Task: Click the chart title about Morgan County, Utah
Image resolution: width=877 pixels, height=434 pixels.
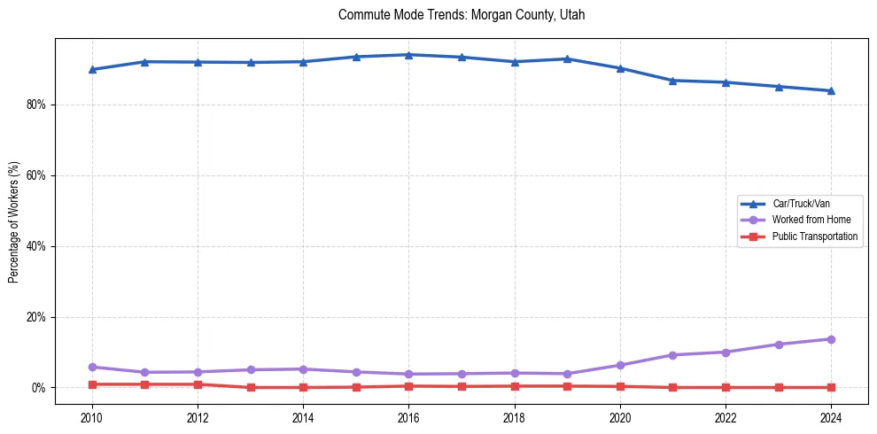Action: click(462, 15)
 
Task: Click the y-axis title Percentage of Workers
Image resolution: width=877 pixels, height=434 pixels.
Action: click(13, 221)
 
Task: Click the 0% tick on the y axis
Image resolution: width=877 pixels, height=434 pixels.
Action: click(38, 388)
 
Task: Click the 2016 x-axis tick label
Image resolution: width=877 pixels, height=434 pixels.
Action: click(408, 416)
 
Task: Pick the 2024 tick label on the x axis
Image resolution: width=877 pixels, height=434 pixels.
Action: click(831, 416)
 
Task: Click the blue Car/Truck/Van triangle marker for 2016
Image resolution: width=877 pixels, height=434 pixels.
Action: click(408, 55)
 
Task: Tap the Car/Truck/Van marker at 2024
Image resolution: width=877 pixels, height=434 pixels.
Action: click(831, 90)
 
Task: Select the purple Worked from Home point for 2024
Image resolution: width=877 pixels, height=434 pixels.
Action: click(831, 339)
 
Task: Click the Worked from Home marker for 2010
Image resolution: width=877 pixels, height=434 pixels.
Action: click(92, 367)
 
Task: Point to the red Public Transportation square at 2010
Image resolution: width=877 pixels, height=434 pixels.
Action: click(92, 384)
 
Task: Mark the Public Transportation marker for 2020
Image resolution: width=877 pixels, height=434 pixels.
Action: click(620, 386)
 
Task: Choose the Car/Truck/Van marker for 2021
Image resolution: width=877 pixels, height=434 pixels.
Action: click(672, 81)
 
